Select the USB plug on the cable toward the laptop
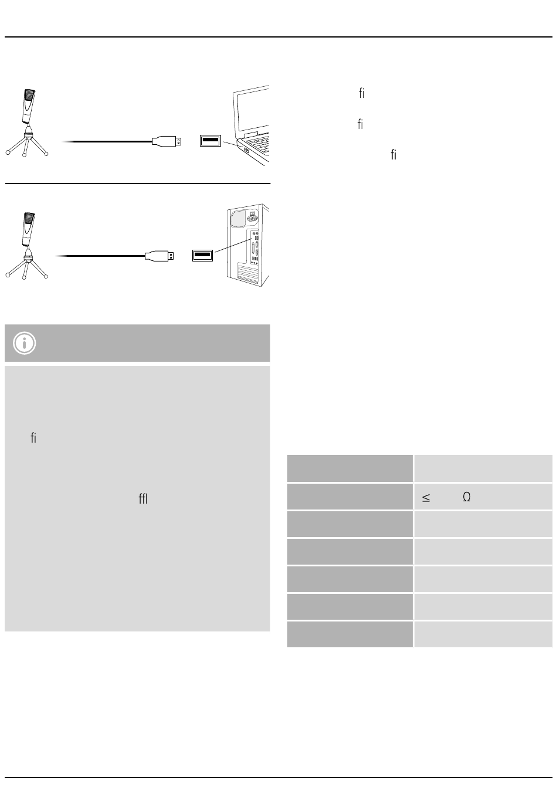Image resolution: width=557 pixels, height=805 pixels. pos(167,141)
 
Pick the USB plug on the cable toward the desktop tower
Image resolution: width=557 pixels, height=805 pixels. pos(159,256)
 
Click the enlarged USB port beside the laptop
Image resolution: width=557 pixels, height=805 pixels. pos(210,141)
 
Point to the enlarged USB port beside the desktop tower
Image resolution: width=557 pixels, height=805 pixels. pos(202,256)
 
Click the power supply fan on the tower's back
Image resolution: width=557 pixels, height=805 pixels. pos(238,219)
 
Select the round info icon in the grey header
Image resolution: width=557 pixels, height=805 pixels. pos(25,343)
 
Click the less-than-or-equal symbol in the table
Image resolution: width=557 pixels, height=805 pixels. pos(426,498)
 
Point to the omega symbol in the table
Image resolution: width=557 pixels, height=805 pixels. pos(467,497)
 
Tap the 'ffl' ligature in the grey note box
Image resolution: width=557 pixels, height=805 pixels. pos(143,498)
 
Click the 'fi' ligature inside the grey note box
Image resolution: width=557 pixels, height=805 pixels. pos(33,438)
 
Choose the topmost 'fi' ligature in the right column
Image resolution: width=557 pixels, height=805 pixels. pos(362,93)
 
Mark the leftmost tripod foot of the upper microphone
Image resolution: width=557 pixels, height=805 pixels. pos(8,153)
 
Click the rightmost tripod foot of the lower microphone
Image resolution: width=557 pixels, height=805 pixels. pos(46,276)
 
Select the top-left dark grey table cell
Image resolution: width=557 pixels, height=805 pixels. pos(349,468)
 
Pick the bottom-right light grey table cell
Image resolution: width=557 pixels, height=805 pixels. pos(483,634)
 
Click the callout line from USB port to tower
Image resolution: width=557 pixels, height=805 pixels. pos(234,244)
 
